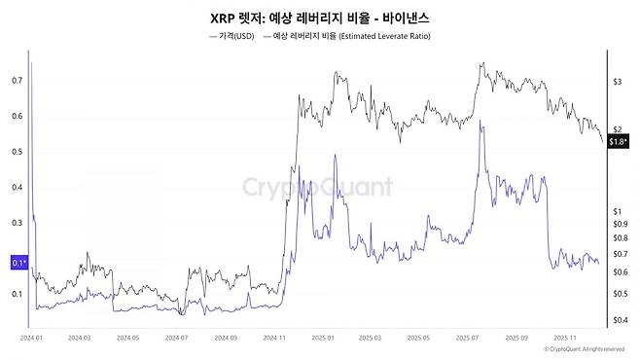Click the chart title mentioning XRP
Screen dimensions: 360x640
(x=319, y=18)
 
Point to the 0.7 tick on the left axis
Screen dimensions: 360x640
(x=17, y=81)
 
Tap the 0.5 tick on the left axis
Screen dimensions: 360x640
(x=17, y=152)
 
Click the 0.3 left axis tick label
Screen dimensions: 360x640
(x=17, y=223)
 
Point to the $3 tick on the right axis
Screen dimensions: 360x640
(x=617, y=83)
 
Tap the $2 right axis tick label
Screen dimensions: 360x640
(x=617, y=129)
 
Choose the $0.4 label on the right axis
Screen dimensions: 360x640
(x=620, y=319)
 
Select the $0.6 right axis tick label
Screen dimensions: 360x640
(x=620, y=271)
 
